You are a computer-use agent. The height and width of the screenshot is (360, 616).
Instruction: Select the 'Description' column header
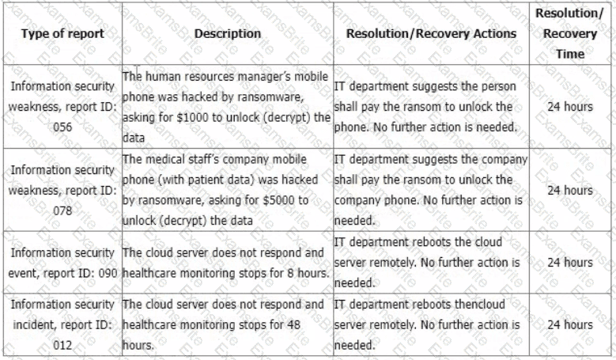(227, 34)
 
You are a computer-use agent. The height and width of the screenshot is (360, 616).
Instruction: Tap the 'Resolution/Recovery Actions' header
(431, 34)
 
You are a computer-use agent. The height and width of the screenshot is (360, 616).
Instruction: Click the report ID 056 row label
(62, 107)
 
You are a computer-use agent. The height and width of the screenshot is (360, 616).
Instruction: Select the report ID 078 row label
(62, 191)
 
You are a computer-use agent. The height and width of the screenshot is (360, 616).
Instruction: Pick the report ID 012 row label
(62, 325)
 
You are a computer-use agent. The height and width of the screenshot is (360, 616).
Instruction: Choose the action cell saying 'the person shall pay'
(431, 107)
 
